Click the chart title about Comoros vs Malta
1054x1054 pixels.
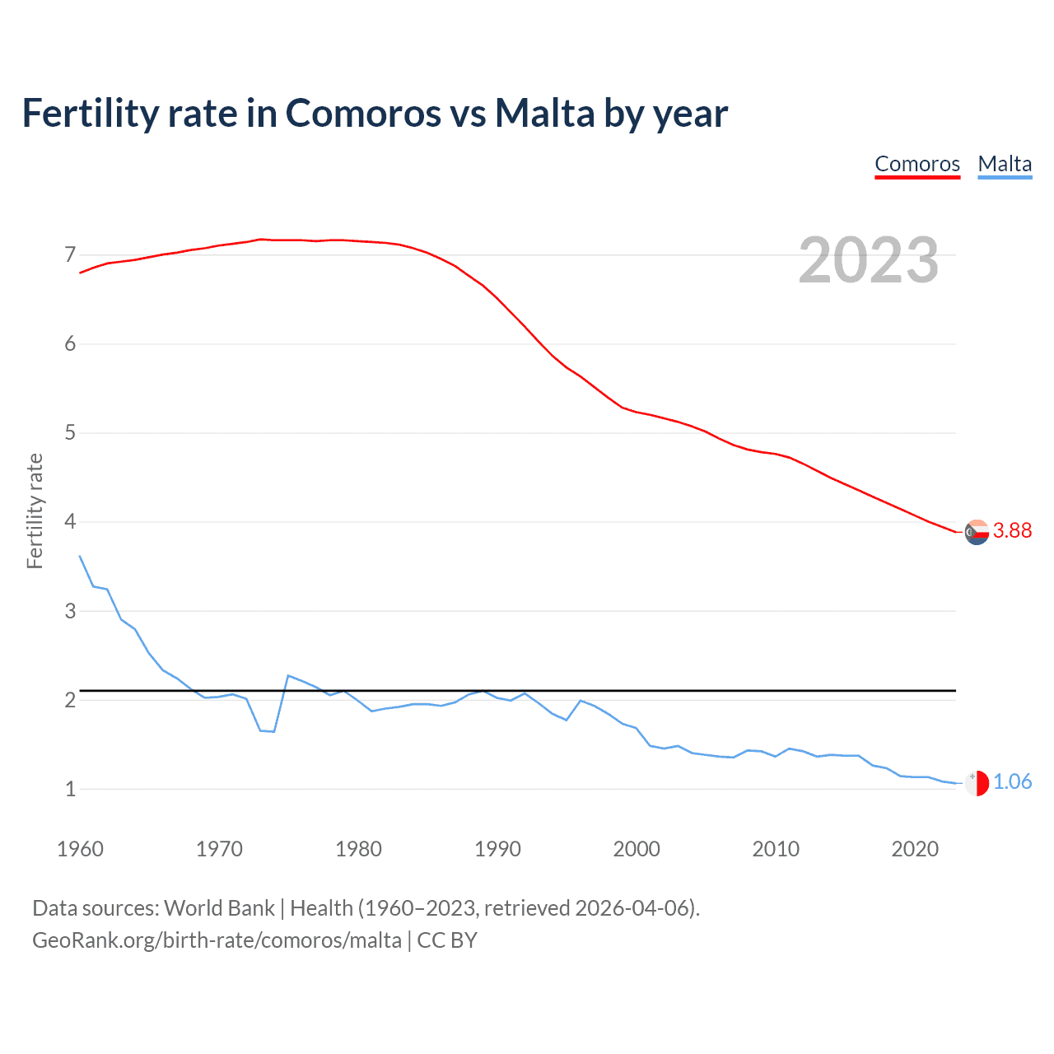375,113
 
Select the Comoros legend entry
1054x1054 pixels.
917,164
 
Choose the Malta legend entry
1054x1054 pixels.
1005,164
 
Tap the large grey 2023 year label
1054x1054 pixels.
868,260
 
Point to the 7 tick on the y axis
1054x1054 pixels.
70,254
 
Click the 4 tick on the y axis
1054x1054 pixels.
70,522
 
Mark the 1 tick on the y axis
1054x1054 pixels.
70,789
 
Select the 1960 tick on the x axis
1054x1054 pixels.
80,849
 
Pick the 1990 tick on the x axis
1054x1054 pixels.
497,849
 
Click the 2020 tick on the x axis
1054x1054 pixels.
915,849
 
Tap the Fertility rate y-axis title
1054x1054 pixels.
35,511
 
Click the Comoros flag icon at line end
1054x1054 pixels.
977,532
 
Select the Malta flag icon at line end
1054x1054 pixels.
977,783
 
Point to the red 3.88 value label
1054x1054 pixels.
1012,531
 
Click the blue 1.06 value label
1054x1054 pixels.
1012,782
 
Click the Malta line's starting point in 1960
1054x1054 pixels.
80,556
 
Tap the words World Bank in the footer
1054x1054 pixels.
219,908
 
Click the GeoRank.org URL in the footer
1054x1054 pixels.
217,940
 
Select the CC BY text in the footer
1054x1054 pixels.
447,940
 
